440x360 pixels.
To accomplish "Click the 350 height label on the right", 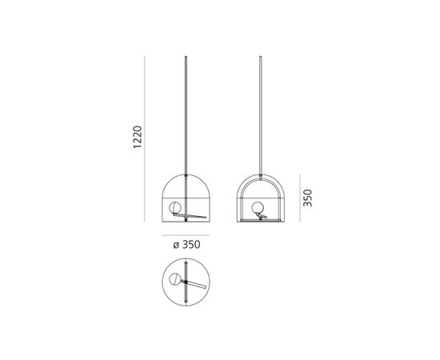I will [x=307, y=198].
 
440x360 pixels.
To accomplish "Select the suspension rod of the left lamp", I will [x=186, y=112].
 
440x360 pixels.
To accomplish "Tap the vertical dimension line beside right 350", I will [x=299, y=198].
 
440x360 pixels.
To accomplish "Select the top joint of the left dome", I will [x=186, y=170].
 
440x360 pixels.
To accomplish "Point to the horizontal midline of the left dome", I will [x=186, y=197].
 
